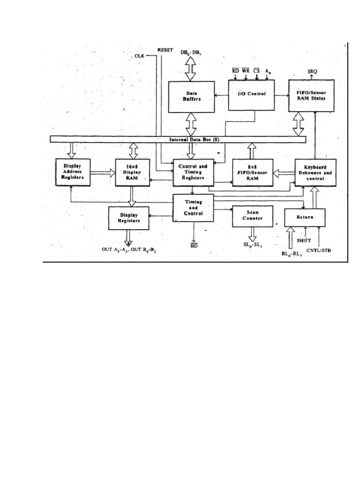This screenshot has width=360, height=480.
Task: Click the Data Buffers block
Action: (191, 97)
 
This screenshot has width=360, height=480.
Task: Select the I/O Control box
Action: (251, 94)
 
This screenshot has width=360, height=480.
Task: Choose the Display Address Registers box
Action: (73, 172)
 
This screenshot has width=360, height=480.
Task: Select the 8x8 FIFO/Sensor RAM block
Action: (252, 172)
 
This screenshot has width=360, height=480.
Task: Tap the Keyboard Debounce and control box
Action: (315, 172)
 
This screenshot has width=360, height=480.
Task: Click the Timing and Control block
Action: (193, 207)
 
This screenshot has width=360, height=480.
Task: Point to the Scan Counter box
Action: (252, 215)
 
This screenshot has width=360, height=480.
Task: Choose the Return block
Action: (305, 217)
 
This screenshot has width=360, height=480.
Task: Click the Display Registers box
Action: (128, 218)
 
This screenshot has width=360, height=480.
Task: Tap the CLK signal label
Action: (140, 56)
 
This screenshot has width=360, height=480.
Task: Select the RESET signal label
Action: (165, 49)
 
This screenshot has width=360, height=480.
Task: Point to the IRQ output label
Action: (313, 71)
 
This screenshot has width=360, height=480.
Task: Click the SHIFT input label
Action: (303, 240)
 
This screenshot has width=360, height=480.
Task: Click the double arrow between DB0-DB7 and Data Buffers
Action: (191, 69)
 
